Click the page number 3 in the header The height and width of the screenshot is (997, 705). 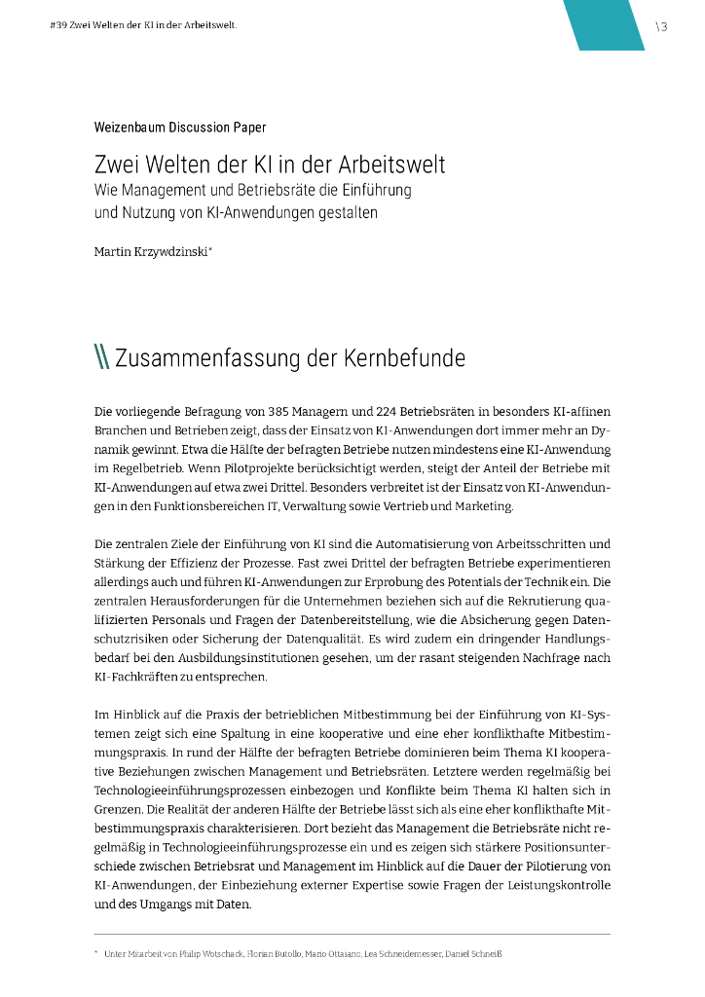pyautogui.click(x=663, y=26)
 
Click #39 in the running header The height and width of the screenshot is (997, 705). pyautogui.click(x=57, y=25)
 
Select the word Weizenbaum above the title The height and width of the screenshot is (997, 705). pyautogui.click(x=130, y=128)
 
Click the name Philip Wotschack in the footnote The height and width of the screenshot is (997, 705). pyautogui.click(x=203, y=954)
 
